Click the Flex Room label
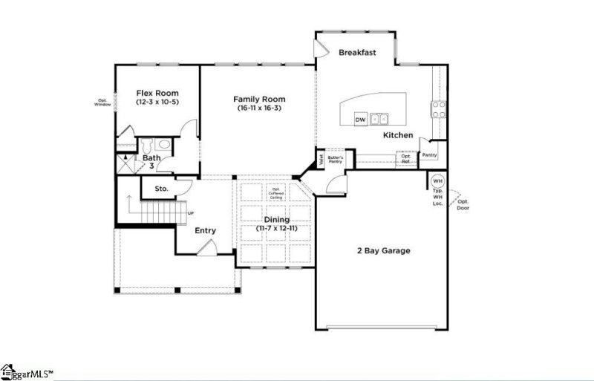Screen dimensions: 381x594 click(156, 93)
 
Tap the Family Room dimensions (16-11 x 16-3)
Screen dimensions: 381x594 click(259, 108)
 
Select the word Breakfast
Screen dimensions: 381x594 click(358, 53)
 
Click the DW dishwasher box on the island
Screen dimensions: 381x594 click(360, 119)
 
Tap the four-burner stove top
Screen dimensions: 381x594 click(438, 109)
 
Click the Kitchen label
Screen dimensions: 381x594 click(398, 136)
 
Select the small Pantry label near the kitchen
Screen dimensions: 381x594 click(429, 155)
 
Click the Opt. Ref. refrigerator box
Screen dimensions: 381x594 click(406, 158)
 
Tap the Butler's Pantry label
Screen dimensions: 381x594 click(334, 158)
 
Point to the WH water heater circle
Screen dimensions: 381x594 click(437, 180)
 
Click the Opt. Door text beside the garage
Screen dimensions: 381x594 click(463, 204)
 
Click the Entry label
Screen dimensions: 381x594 click(206, 230)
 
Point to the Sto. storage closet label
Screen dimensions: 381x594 click(161, 189)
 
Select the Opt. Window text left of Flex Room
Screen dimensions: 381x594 click(102, 102)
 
